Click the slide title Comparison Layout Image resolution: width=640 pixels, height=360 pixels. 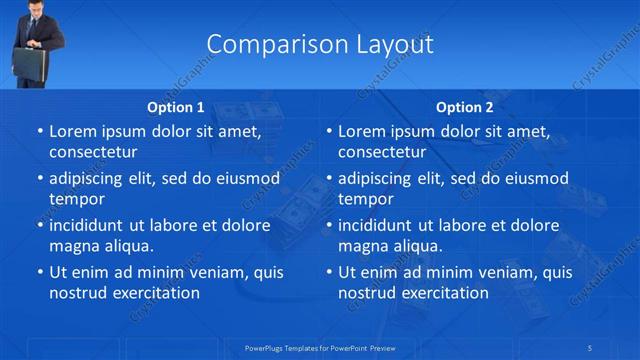coord(320,45)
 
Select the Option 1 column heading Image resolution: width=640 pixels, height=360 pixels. coord(176,107)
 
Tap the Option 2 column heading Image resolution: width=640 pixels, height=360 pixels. coord(465,107)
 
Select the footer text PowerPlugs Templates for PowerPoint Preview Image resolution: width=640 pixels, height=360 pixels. coord(320,347)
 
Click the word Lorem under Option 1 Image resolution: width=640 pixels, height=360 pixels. coord(73,131)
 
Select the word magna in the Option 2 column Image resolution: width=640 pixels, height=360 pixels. coord(364,245)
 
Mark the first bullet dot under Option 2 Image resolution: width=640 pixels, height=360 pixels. coord(329,132)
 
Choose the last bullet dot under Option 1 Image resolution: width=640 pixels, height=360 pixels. coord(40,272)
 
